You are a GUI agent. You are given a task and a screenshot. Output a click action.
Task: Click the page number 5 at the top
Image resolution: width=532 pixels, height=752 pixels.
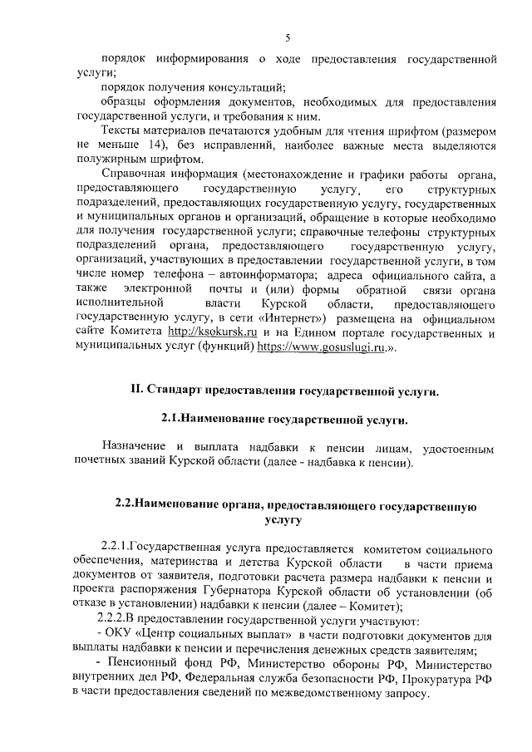(x=288, y=37)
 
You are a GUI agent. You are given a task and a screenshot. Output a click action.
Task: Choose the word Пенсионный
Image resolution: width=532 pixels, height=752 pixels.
(x=144, y=664)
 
